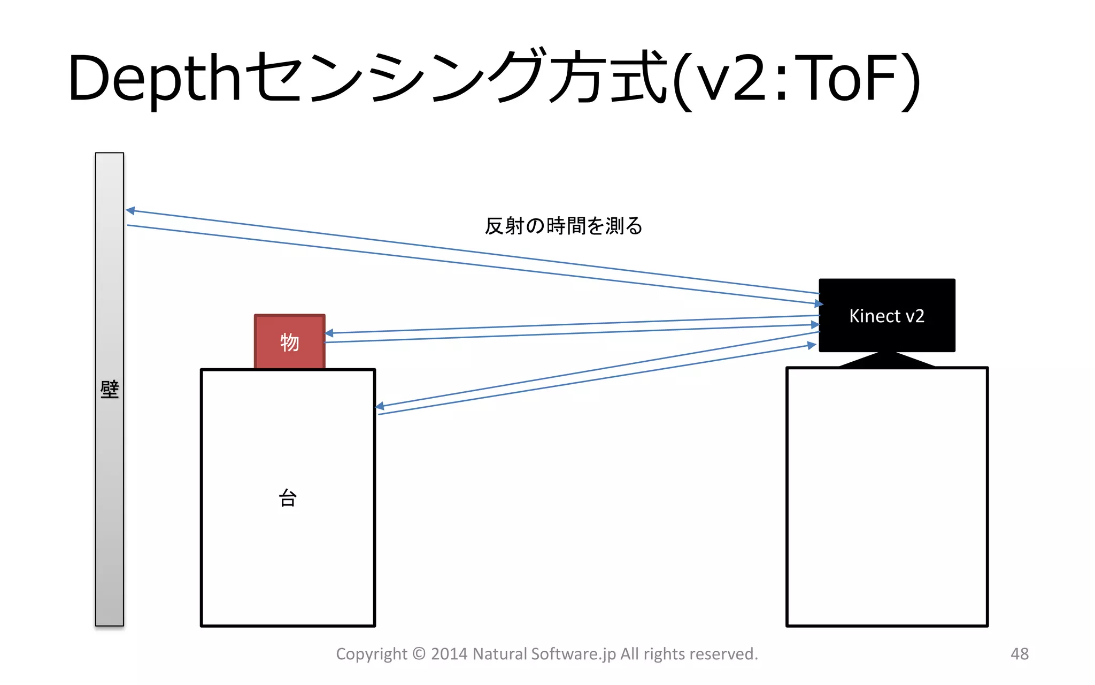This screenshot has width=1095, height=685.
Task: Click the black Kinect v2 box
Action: point(886,315)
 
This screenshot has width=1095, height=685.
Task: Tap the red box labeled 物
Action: point(289,341)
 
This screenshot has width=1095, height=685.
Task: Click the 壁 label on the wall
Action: point(110,389)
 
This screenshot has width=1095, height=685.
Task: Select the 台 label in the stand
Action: point(288,498)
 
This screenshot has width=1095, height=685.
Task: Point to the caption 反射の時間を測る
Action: point(563,226)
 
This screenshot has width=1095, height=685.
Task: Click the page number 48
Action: point(1019,653)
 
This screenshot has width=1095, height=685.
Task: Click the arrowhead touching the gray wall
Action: point(130,210)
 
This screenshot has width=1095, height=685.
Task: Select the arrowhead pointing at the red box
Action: point(329,333)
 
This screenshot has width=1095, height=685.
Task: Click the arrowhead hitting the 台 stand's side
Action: point(380,407)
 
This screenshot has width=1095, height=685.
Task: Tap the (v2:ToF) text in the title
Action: point(797,79)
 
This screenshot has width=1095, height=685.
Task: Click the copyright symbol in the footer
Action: point(419,653)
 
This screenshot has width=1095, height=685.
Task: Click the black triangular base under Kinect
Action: point(886,360)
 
